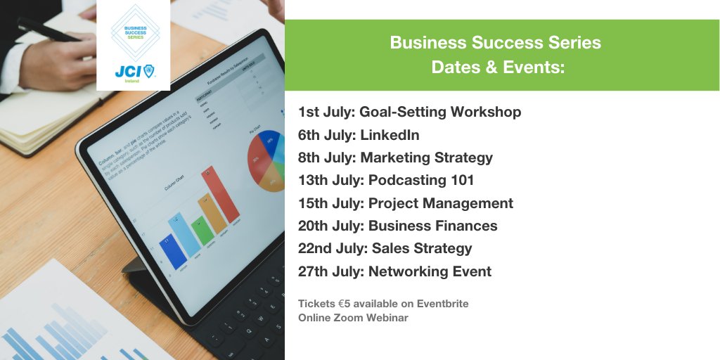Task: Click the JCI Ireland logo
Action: coord(134,72)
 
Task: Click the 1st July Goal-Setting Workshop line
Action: coord(409,112)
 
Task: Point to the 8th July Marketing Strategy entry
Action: coord(395,157)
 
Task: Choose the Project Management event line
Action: coord(406,203)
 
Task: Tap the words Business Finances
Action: coord(432,226)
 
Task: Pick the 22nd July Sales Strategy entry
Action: coord(385,248)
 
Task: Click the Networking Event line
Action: coord(394,271)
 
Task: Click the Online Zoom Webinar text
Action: coord(353,318)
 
